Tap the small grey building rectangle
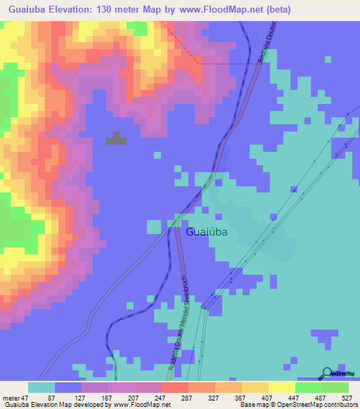117,140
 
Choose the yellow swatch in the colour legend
281,387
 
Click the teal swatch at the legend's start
41,387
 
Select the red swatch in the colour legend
174,387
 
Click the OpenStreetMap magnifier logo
327,374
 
